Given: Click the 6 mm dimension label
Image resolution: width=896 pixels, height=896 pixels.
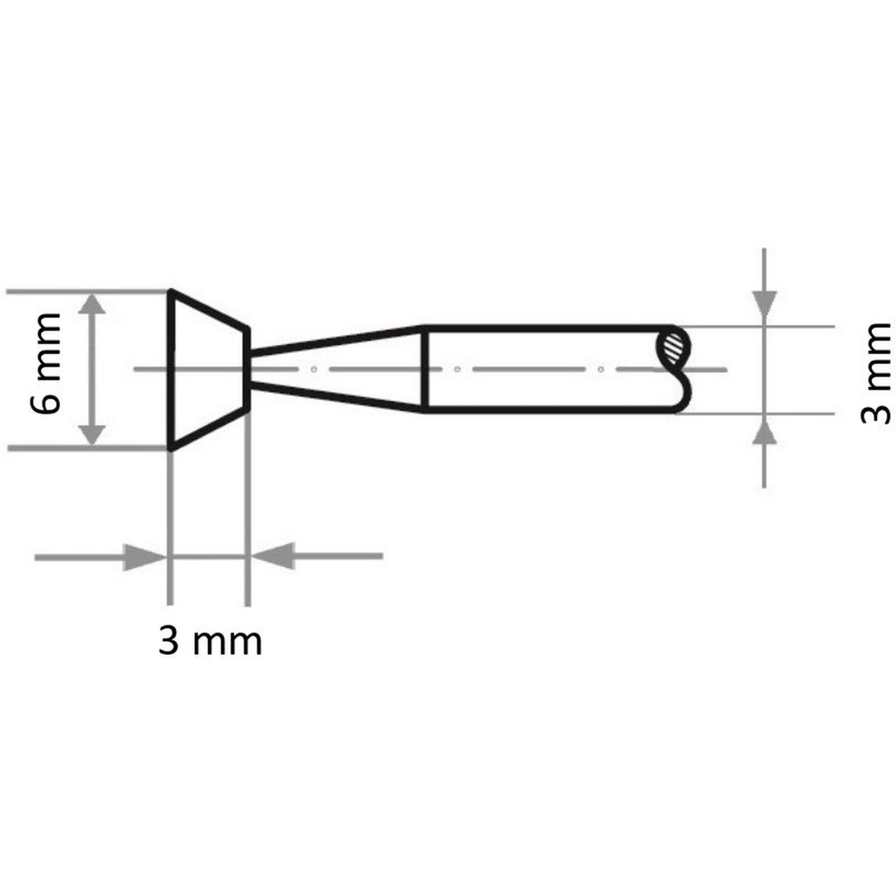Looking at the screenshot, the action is click(46, 364).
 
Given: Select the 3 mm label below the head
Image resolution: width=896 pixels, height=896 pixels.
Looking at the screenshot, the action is click(210, 642).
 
